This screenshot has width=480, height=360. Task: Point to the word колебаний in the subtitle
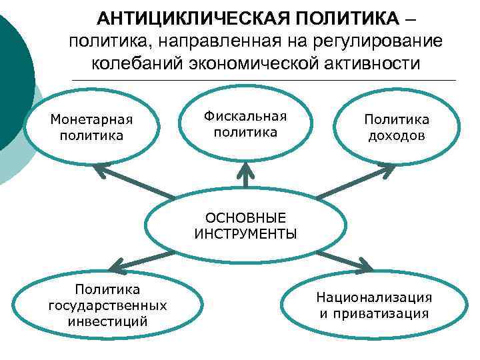pyautogui.click(x=139, y=65)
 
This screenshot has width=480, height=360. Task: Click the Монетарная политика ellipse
pyautogui.click(x=92, y=127)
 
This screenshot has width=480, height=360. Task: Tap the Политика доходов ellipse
pyautogui.click(x=396, y=127)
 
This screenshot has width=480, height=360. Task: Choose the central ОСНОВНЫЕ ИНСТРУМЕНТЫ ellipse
pyautogui.click(x=245, y=226)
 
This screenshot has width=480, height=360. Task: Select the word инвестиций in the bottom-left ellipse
pyautogui.click(x=107, y=321)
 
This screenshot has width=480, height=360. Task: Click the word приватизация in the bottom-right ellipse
pyautogui.click(x=373, y=313)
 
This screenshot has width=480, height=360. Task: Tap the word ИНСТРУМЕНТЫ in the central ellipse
pyautogui.click(x=245, y=234)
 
